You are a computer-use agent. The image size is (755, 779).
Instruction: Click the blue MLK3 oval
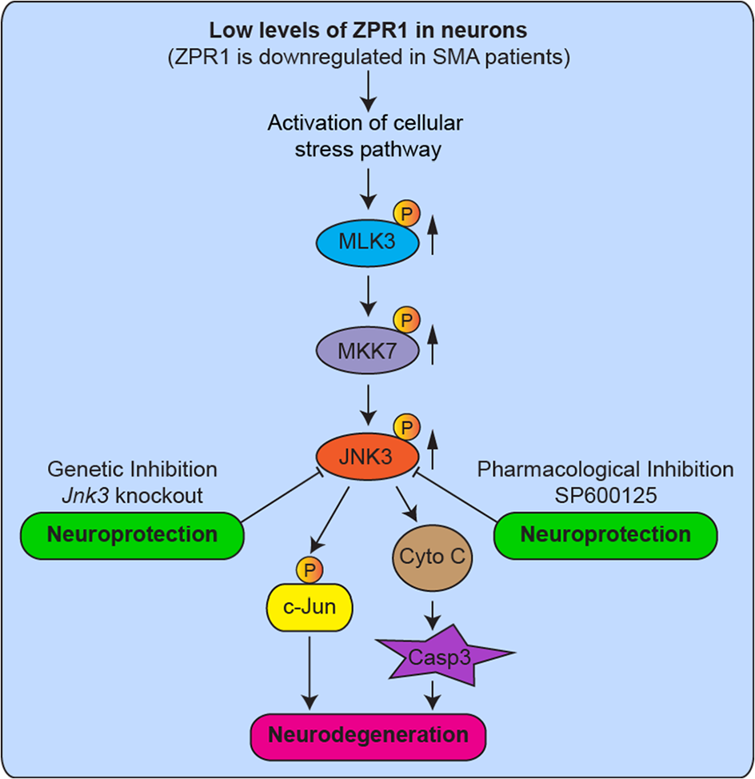click(368, 242)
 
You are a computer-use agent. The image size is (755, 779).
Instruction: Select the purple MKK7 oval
click(368, 351)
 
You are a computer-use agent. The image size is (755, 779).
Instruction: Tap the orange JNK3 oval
click(368, 456)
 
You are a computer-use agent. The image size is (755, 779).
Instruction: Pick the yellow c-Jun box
click(310, 607)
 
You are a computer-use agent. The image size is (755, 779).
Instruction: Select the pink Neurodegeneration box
click(368, 737)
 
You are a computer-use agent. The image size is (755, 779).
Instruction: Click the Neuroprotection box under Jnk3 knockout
click(132, 536)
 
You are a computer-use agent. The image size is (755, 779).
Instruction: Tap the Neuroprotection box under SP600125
click(605, 536)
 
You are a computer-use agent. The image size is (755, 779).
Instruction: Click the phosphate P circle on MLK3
click(407, 214)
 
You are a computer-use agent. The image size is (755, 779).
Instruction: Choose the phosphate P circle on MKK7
click(407, 320)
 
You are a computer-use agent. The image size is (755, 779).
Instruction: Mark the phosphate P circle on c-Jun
click(310, 569)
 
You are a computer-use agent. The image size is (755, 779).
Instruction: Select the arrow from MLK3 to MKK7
click(368, 296)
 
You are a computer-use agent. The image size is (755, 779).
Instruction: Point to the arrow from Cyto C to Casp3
click(433, 614)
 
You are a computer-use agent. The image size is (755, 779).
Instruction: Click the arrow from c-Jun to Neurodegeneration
click(310, 673)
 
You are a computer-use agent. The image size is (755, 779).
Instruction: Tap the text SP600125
click(605, 495)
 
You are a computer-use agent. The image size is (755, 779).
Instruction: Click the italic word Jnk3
click(85, 495)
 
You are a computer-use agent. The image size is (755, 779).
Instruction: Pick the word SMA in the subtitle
click(456, 57)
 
